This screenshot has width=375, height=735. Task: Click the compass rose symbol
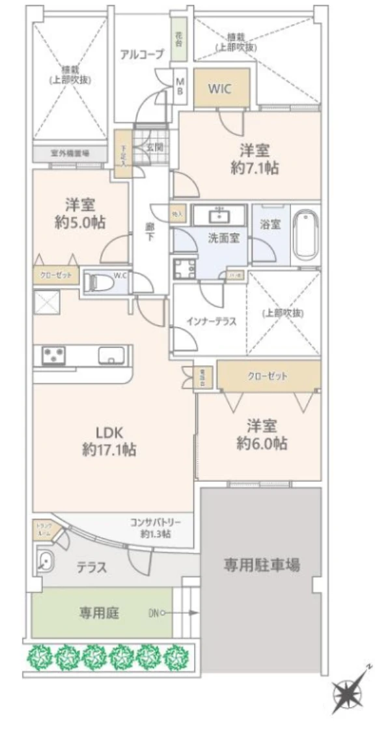coord(351,691)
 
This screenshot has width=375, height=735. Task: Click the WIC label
coord(219,88)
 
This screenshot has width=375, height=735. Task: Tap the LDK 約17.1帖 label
coord(109,441)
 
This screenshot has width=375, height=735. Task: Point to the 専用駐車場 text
coord(262,564)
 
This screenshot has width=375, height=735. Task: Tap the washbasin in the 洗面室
coord(220,214)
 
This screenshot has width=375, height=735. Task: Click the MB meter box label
coord(180,86)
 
